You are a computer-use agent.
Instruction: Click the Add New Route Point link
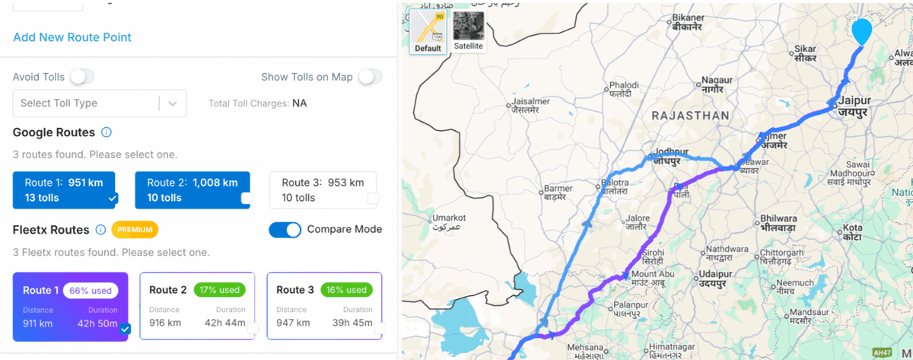click(x=72, y=37)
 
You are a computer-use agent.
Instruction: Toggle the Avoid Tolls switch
click(x=82, y=77)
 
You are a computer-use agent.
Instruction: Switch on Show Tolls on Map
click(x=371, y=77)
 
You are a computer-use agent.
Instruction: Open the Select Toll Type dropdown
click(x=99, y=104)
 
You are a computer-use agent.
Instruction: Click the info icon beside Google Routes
click(x=107, y=132)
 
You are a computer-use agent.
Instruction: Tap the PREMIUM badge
click(x=134, y=229)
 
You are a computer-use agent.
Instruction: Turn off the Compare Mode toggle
click(x=285, y=229)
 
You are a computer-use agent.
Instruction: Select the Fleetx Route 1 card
click(x=71, y=307)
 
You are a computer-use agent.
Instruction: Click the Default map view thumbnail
click(x=428, y=30)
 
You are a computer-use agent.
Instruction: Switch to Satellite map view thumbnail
click(x=468, y=30)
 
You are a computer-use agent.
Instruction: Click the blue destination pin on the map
click(x=861, y=32)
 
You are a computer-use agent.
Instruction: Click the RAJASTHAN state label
click(x=690, y=116)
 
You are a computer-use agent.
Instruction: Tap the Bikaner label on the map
click(x=689, y=21)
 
